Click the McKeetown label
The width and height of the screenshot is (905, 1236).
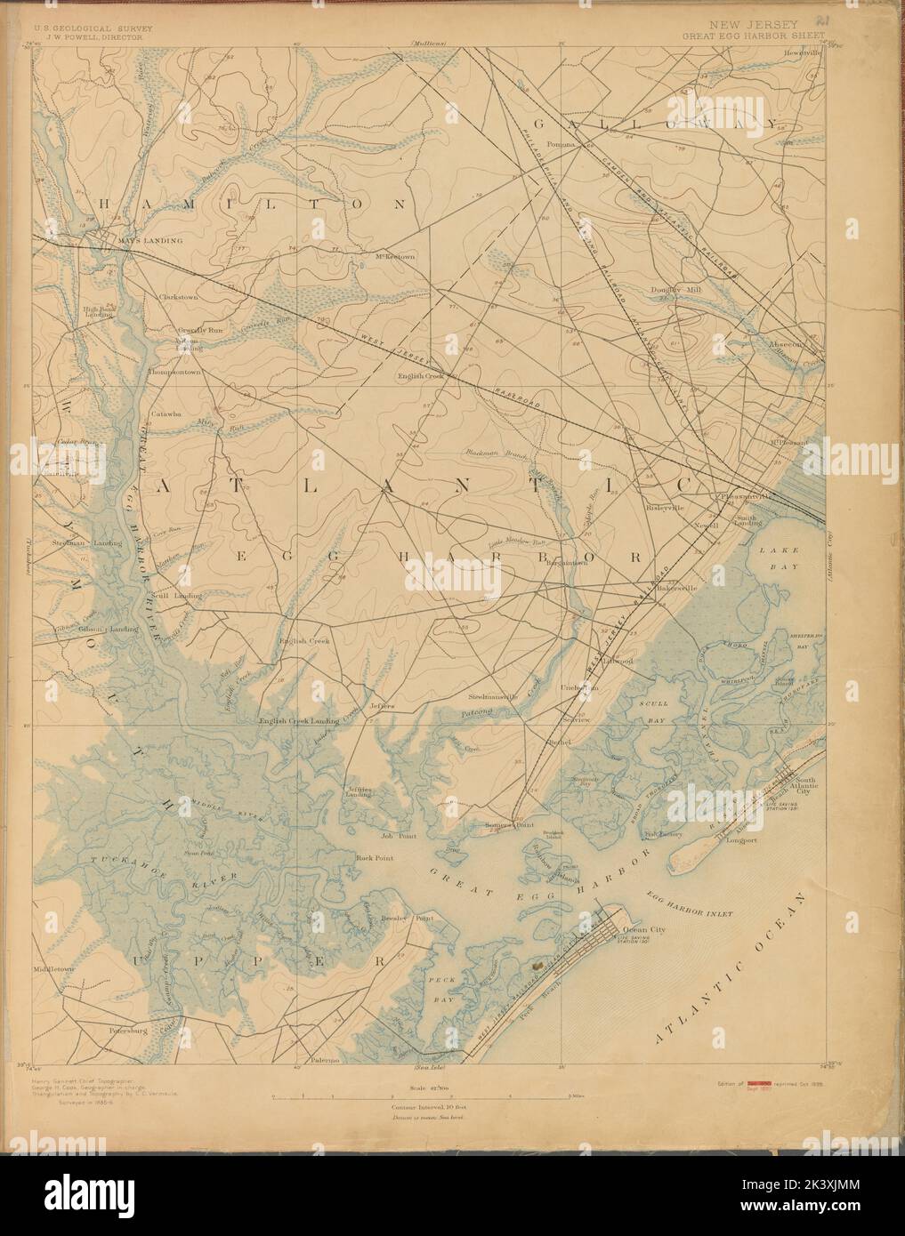click(x=395, y=257)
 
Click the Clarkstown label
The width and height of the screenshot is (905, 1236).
click(x=178, y=296)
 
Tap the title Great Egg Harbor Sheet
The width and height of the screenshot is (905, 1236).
click(x=753, y=36)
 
